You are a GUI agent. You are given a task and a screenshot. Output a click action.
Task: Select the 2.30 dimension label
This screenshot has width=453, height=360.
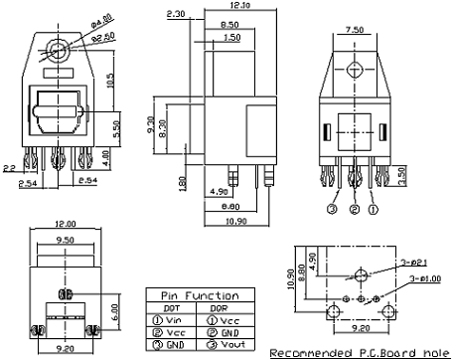[x=177, y=15]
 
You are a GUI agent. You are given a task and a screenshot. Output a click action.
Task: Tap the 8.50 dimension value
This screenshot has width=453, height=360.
[x=227, y=23]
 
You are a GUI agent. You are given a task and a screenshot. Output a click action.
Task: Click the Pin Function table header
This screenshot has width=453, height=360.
[x=199, y=295]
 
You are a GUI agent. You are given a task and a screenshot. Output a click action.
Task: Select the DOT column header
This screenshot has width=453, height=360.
[x=170, y=308]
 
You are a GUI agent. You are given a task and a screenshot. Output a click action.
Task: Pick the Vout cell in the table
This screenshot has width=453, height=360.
[x=226, y=344]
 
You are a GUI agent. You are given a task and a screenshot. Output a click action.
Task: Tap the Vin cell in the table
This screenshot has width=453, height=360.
[x=173, y=320]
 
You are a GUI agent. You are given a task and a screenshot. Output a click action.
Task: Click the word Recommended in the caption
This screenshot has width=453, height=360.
[x=306, y=352]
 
